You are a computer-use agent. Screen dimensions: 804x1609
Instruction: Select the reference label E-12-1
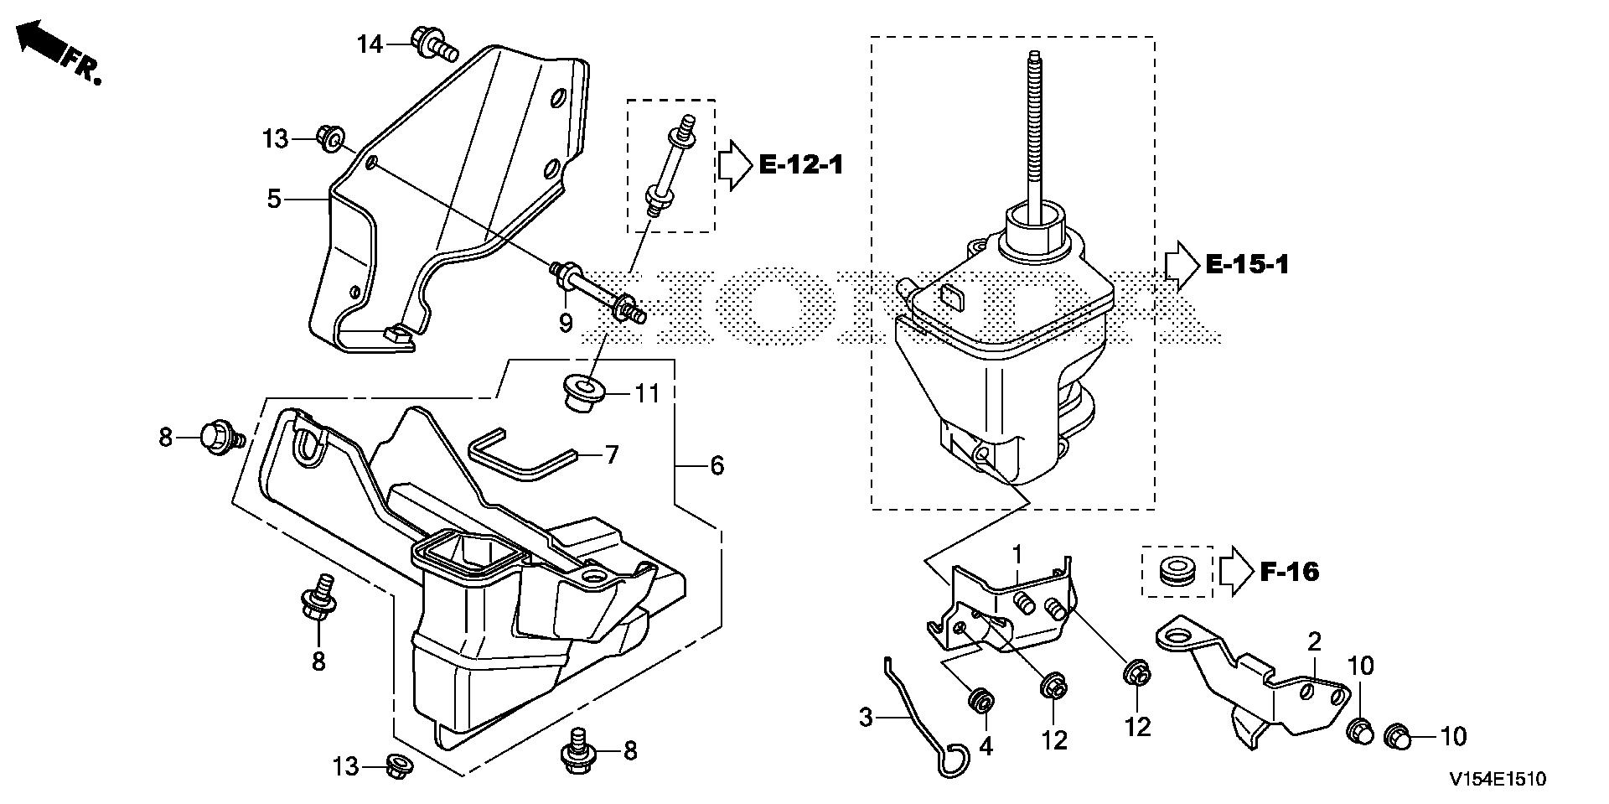tap(800, 164)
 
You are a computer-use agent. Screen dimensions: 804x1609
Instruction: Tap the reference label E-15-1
tap(1247, 266)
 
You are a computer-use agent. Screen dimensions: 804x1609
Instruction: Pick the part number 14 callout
tap(370, 44)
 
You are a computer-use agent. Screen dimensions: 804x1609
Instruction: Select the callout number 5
tap(274, 200)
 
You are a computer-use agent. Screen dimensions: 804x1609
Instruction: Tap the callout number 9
tap(566, 322)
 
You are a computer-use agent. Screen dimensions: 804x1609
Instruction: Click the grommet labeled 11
tap(583, 392)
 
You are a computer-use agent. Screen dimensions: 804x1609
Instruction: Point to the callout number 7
tap(612, 455)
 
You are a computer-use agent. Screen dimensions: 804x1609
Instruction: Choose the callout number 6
tap(717, 465)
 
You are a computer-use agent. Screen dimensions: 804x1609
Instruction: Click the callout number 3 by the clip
tap(866, 718)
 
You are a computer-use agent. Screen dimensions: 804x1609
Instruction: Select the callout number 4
tap(986, 745)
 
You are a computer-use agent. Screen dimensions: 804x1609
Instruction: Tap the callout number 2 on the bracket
tap(1314, 643)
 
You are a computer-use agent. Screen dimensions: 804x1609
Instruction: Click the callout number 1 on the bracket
tap(1017, 554)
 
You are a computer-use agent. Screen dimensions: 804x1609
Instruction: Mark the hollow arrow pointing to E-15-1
tap(1182, 266)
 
